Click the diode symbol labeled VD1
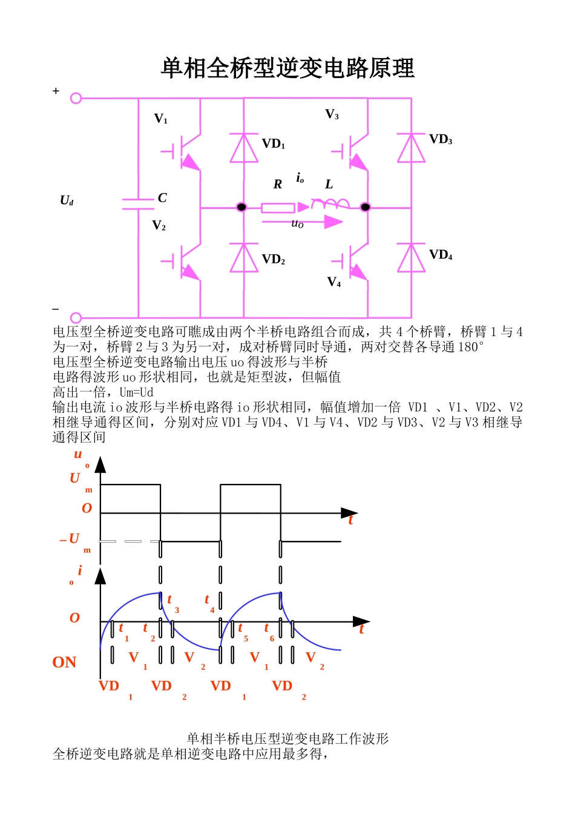click(244, 148)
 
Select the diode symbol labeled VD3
click(411, 148)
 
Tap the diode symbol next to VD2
click(244, 258)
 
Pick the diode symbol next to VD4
click(411, 258)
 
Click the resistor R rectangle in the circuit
click(278, 208)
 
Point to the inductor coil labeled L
click(330, 203)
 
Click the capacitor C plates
click(138, 203)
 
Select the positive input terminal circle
click(76, 98)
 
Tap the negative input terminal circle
click(76, 317)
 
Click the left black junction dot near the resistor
click(241, 207)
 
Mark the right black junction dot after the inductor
click(365, 207)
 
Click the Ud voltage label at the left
click(67, 200)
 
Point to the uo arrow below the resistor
click(303, 222)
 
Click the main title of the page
click(287, 68)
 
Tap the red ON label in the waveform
click(64, 663)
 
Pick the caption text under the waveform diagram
click(287, 738)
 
